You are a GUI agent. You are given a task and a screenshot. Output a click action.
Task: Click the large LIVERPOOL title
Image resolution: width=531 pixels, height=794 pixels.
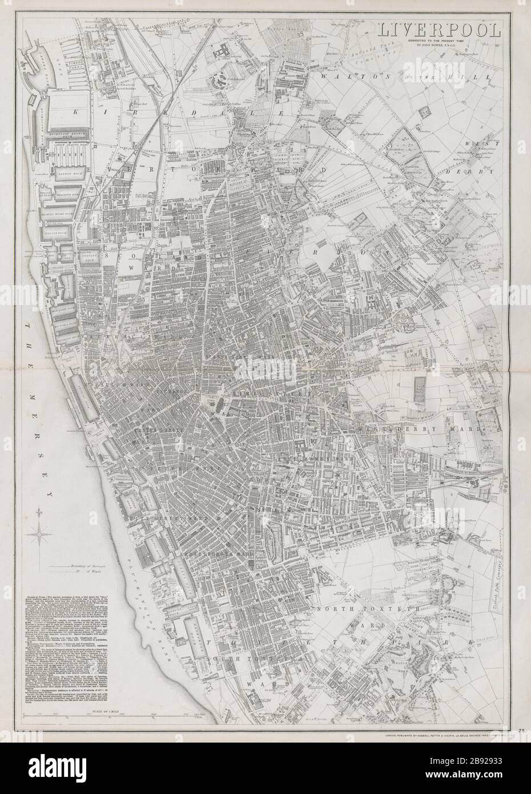click(438, 29)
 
